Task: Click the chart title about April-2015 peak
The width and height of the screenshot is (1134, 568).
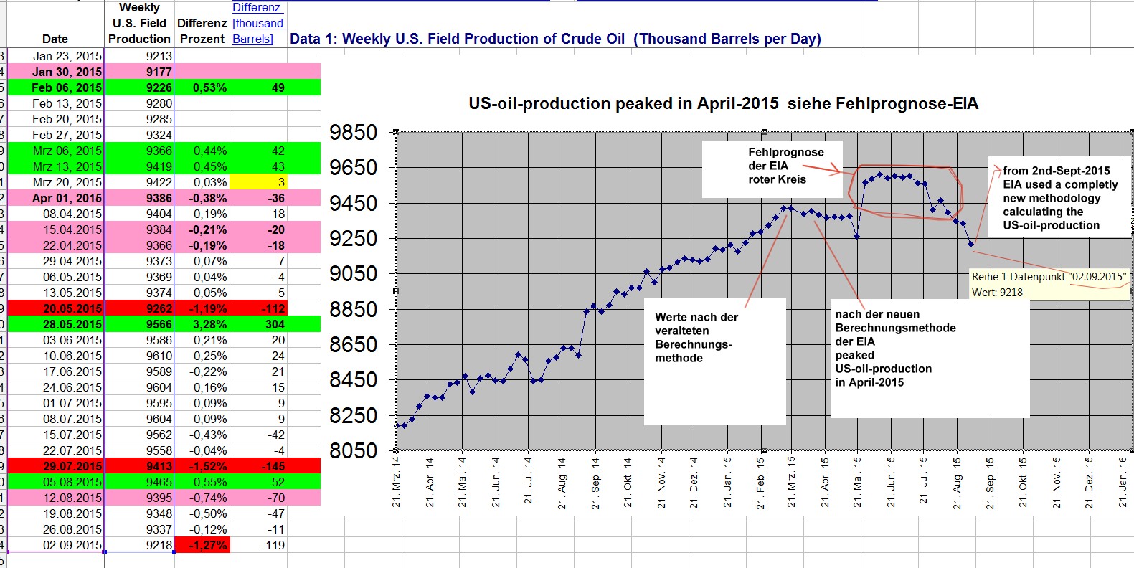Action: (723, 103)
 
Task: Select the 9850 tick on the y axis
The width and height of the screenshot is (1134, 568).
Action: (353, 133)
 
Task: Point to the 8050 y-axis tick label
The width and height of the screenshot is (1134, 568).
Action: (353, 451)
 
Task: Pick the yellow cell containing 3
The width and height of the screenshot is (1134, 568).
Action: (259, 182)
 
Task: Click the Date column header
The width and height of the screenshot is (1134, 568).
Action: (55, 39)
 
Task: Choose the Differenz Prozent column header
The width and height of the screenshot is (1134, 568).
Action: (202, 31)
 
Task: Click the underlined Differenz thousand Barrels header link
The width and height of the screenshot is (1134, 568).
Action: (258, 23)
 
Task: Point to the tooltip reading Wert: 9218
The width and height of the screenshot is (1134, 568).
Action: (997, 292)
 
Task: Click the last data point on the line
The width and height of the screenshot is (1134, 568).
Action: (971, 245)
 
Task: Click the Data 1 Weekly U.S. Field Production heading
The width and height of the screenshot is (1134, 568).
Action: (555, 39)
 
